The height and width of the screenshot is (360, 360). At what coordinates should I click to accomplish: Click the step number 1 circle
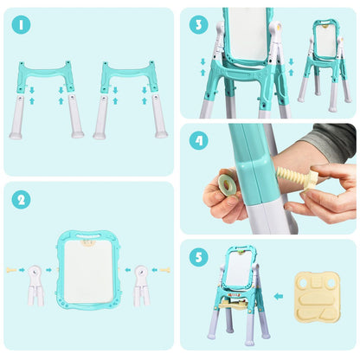pyautogui.click(x=21, y=26)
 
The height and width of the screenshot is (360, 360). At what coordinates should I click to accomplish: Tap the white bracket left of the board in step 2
pyautogui.click(x=35, y=283)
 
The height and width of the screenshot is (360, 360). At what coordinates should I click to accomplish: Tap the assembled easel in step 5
pyautogui.click(x=238, y=294)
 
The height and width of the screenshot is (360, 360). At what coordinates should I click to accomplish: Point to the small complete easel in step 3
pyautogui.click(x=325, y=65)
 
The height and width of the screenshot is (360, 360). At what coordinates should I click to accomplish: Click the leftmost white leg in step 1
pyautogui.click(x=17, y=117)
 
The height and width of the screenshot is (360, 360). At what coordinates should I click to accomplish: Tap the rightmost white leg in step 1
pyautogui.click(x=160, y=117)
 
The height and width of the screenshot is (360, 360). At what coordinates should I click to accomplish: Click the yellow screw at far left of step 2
pyautogui.click(x=11, y=270)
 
